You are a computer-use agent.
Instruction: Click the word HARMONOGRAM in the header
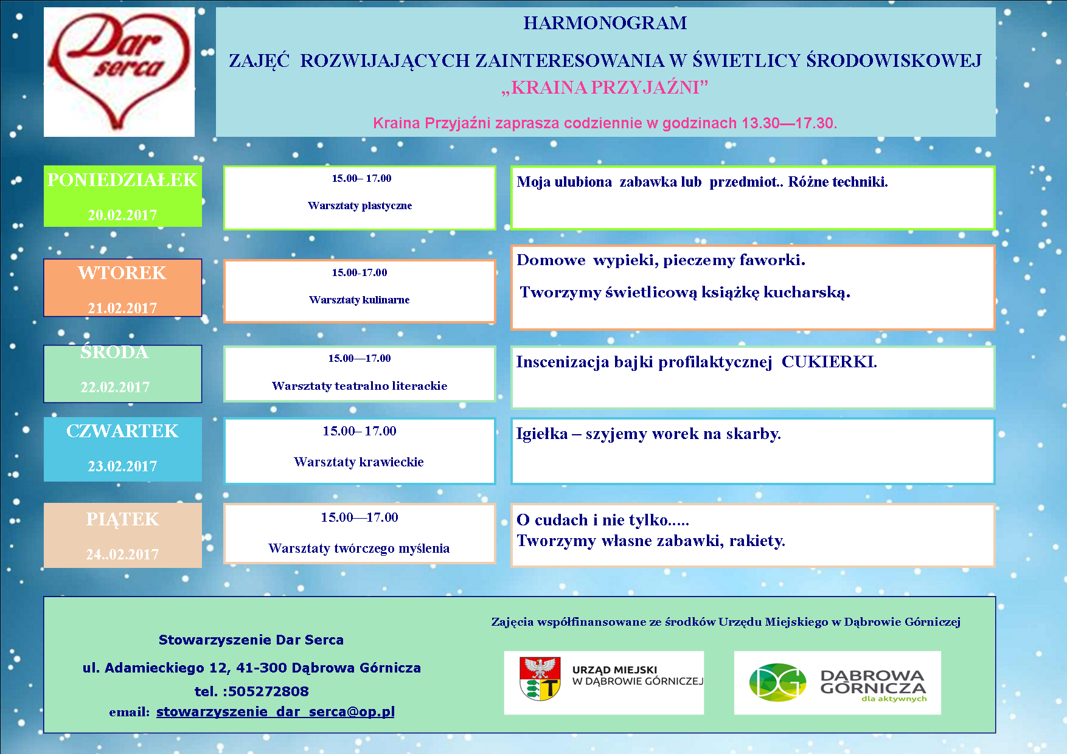click(605, 23)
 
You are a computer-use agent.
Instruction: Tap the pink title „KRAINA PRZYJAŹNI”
click(605, 88)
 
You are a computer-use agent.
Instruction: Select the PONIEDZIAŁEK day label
click(122, 180)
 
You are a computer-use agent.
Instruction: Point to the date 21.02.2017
click(122, 308)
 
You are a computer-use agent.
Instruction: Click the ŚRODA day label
click(114, 352)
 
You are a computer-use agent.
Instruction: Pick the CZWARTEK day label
click(122, 431)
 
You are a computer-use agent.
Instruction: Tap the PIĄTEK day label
click(122, 519)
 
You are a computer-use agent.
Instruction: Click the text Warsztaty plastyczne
click(360, 206)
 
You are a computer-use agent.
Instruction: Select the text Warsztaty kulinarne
click(360, 300)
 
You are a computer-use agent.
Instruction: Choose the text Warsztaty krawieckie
click(359, 462)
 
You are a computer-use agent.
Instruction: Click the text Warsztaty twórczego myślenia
click(359, 548)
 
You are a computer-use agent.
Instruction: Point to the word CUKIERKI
click(829, 362)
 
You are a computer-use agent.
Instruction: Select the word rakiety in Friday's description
click(757, 541)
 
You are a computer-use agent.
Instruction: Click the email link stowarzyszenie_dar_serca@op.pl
click(276, 711)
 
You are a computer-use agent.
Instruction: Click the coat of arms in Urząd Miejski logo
click(540, 678)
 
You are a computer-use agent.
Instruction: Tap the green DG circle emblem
click(777, 682)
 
